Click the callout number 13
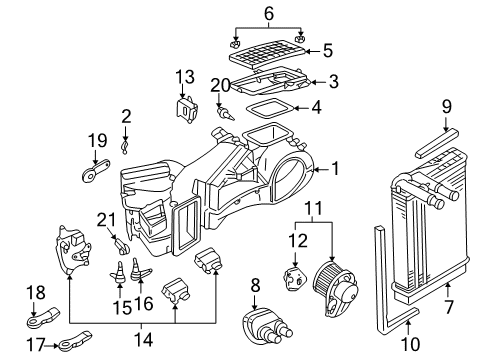click(185, 77)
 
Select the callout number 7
click(449, 307)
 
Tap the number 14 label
click(143, 340)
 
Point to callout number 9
click(447, 107)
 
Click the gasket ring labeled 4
click(270, 107)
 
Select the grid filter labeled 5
click(267, 54)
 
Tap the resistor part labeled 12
click(294, 278)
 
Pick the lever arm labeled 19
click(96, 170)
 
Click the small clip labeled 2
click(125, 148)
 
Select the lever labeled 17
click(75, 341)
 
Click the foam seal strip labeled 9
click(437, 144)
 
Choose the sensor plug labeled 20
click(225, 113)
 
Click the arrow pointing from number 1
click(321, 170)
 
